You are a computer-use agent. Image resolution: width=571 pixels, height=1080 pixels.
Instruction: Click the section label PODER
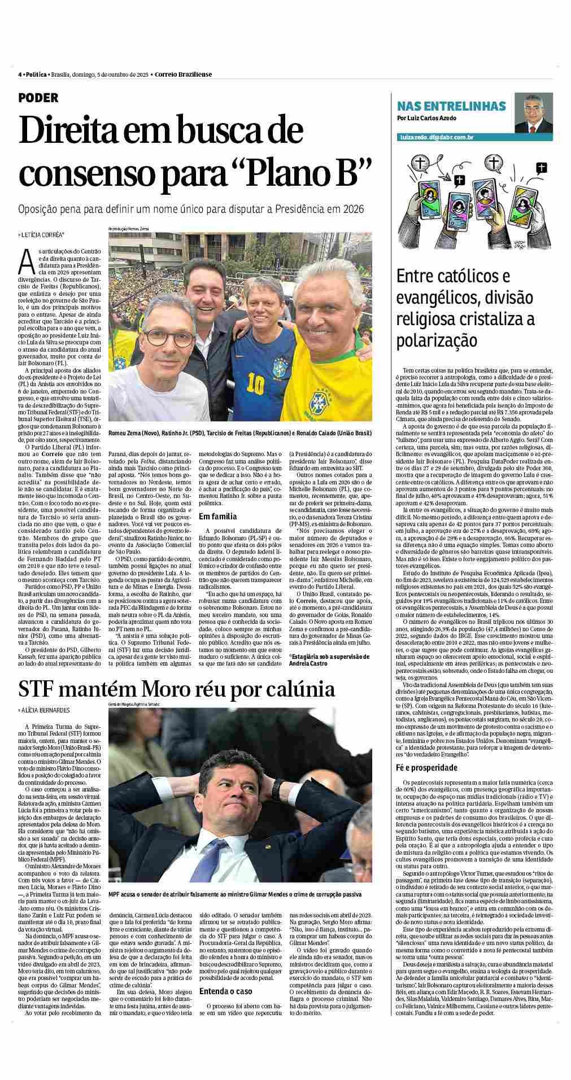coord(38,98)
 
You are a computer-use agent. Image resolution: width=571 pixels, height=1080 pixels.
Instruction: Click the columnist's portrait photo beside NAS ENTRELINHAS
coord(532,113)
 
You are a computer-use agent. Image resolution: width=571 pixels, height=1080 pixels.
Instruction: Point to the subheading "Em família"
coord(217,516)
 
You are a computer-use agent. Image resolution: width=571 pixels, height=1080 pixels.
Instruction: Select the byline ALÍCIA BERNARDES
coord(45,710)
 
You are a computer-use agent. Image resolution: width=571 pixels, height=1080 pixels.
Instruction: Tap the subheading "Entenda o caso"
coord(225,991)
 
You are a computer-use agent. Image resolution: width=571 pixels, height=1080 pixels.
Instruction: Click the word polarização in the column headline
coord(437,341)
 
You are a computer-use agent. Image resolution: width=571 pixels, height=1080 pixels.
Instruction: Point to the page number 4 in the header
coord(20,74)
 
